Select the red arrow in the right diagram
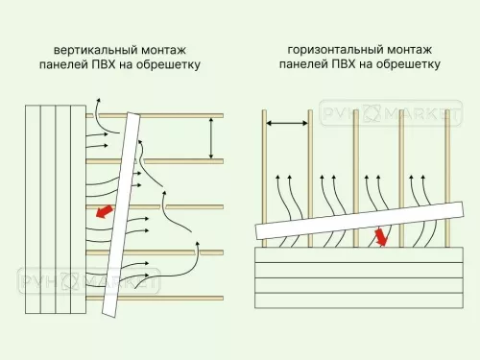point(382,236)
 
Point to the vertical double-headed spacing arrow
point(210,137)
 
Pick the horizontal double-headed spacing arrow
point(287,123)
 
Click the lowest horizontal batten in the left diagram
point(182,298)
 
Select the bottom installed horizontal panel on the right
point(355,300)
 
